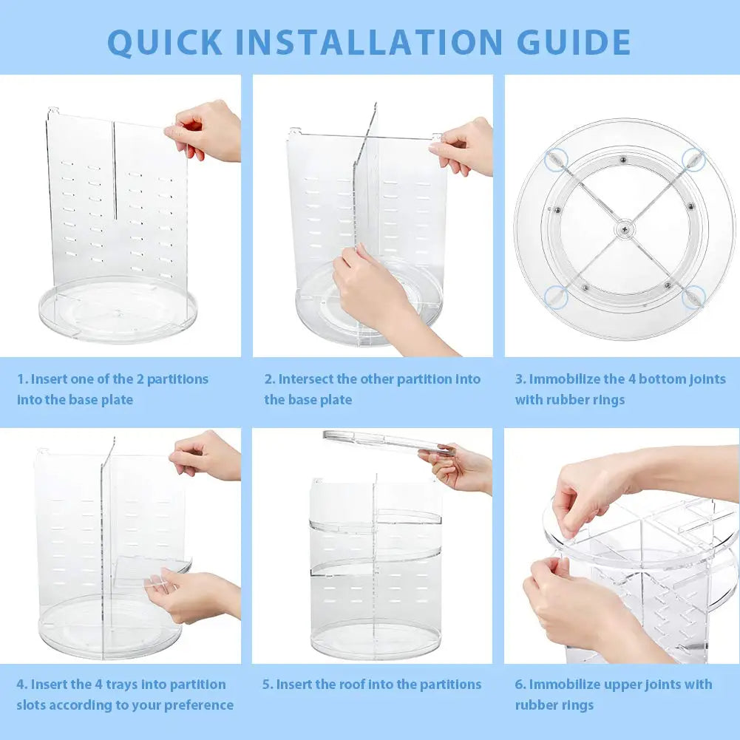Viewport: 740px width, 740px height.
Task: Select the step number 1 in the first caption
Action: click(21, 379)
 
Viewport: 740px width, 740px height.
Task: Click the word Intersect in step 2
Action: click(305, 379)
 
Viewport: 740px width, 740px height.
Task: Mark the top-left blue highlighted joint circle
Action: click(554, 157)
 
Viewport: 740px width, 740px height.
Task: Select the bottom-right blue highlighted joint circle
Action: click(692, 297)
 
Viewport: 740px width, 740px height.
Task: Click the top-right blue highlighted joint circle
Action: click(693, 157)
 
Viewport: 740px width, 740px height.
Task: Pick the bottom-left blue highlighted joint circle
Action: click(555, 297)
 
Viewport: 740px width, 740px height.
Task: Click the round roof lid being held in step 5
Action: click(384, 441)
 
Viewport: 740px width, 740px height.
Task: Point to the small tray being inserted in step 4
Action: click(148, 569)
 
